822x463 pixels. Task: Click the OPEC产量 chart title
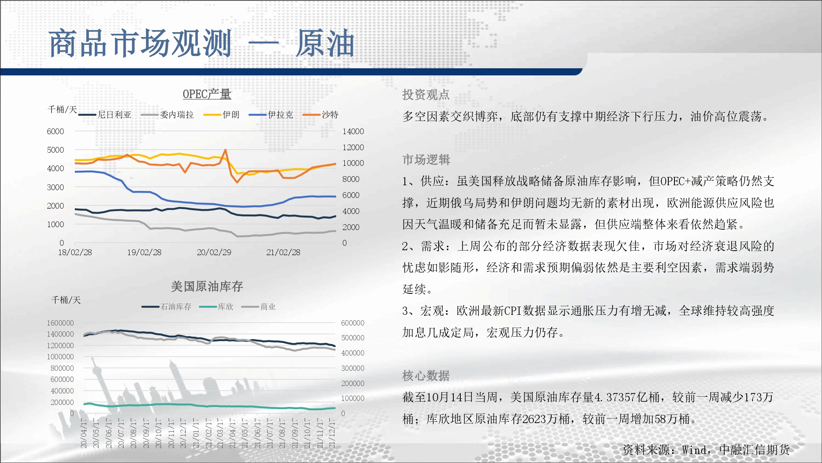click(x=207, y=94)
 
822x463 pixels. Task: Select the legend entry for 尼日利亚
click(x=105, y=115)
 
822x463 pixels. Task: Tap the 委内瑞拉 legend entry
click(x=167, y=115)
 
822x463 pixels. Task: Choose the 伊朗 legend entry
click(x=222, y=115)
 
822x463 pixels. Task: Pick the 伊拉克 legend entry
click(x=271, y=115)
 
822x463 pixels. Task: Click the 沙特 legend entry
click(x=321, y=115)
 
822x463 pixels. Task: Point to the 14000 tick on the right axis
click(x=353, y=131)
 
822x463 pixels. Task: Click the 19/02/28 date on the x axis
click(x=144, y=252)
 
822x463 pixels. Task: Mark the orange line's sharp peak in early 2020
click(x=225, y=150)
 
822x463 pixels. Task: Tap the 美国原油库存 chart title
click(x=207, y=286)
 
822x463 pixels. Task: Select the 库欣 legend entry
click(x=216, y=307)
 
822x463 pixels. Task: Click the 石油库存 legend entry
click(x=166, y=307)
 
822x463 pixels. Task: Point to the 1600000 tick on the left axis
click(x=60, y=323)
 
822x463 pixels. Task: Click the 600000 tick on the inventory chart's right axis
click(x=353, y=323)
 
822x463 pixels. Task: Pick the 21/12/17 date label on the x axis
click(x=332, y=433)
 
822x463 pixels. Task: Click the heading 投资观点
click(x=426, y=95)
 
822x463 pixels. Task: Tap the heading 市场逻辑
click(x=426, y=160)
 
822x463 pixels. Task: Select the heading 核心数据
click(x=426, y=376)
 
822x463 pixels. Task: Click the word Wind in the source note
click(x=695, y=450)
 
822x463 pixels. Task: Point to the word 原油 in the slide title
click(x=325, y=43)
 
